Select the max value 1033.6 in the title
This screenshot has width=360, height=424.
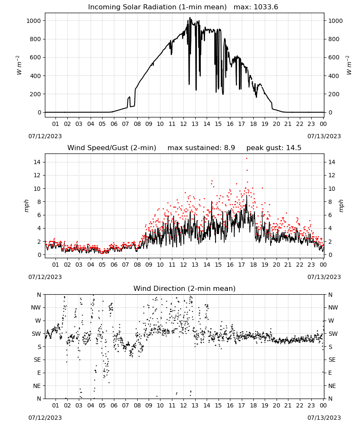266,7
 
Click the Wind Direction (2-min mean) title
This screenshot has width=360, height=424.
185,288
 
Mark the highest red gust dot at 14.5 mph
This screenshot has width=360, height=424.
246,159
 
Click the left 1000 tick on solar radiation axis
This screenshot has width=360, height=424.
33,21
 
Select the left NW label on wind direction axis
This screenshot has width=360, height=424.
36,307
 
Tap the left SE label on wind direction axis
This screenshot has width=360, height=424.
37,360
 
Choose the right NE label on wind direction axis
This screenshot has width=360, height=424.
332,386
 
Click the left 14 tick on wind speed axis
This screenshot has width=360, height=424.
37,162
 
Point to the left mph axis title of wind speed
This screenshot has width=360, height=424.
26,206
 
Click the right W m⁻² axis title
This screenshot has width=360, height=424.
349,65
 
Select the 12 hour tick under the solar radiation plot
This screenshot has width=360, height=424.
183,124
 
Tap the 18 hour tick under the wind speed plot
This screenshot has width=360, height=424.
253,265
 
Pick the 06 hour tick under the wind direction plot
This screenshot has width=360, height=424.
114,405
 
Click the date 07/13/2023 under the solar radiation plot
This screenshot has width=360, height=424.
324,136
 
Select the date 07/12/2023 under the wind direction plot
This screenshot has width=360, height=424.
45,418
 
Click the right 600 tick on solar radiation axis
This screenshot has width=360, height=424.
334,57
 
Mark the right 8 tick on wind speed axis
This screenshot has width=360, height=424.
330,202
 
